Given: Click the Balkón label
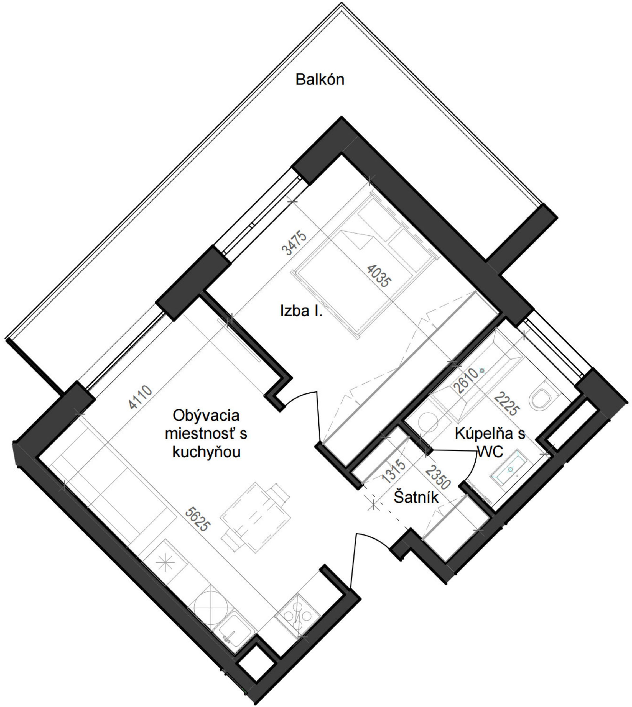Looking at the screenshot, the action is tap(320, 80).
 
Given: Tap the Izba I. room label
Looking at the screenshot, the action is tap(301, 311).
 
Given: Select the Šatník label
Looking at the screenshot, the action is tap(416, 498).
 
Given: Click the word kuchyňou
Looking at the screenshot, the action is tap(207, 453).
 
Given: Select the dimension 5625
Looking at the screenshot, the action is tap(198, 519).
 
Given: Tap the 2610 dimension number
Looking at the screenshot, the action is tap(465, 380).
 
